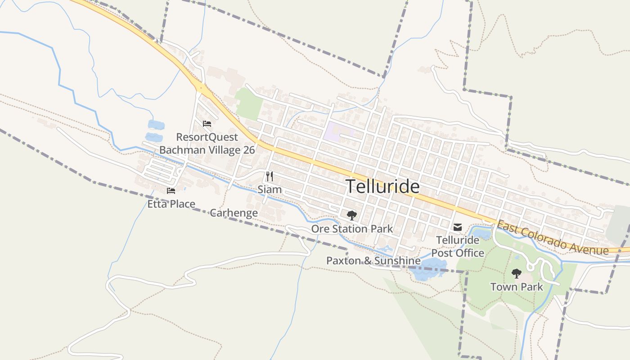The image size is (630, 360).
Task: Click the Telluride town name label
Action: pos(382,186)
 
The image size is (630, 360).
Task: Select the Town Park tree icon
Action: pos(516,273)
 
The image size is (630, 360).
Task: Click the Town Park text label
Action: pos(517,287)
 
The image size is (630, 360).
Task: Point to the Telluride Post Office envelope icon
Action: pos(458,227)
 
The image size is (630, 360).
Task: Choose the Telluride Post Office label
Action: pos(458,247)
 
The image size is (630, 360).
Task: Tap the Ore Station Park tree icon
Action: pos(351,215)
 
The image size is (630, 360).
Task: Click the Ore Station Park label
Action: pos(352,229)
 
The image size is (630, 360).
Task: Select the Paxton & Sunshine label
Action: pos(373,261)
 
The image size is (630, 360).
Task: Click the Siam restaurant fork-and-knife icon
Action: pos(270,176)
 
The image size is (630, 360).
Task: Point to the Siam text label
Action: pos(270,189)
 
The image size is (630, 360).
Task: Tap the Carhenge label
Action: pos(234,213)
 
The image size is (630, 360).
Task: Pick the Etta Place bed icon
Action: pos(171,191)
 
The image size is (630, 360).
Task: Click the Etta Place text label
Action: pos(171,204)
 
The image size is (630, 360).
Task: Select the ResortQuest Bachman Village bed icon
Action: pos(207,123)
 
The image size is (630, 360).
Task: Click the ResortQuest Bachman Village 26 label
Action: pos(207,144)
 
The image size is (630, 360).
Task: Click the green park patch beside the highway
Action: pos(249,104)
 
